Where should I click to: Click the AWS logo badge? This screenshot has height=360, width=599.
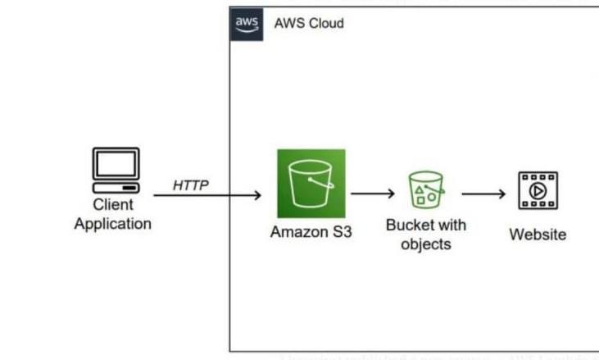247,23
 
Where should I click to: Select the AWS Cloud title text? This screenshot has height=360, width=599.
309,24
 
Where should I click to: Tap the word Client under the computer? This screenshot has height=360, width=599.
113,205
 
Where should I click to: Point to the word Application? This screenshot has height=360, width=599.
113,223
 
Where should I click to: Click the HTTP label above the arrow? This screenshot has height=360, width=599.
190,185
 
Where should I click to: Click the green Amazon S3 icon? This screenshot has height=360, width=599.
311,184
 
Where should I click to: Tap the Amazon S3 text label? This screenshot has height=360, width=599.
311,232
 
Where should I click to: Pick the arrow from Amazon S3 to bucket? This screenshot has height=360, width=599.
374,194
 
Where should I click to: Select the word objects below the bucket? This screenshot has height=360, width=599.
426,244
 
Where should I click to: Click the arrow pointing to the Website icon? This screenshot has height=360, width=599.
483,194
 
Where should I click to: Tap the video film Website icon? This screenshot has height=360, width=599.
538,191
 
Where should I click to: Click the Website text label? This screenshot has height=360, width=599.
538,235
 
